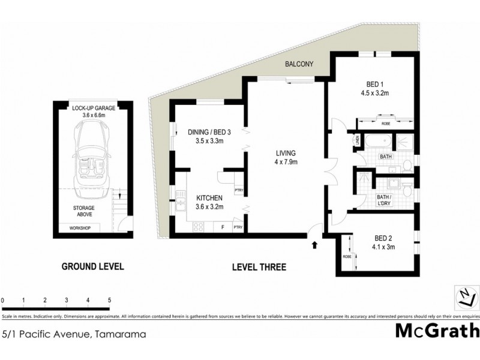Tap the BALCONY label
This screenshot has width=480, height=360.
coord(300,64)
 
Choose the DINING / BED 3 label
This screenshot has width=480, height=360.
coord(205,133)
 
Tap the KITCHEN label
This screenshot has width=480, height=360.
coord(205,197)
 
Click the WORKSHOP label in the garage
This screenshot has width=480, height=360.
coord(80,228)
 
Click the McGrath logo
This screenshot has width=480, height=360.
coord(437,331)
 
